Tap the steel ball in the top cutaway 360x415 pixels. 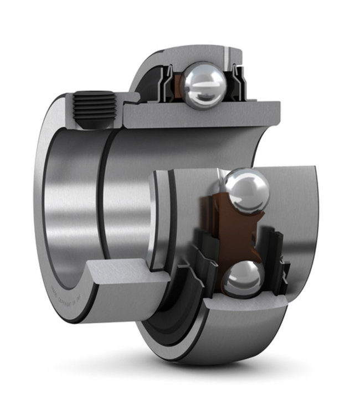[205, 84]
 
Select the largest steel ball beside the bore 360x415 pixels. [246, 191]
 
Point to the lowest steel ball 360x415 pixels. [244, 278]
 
